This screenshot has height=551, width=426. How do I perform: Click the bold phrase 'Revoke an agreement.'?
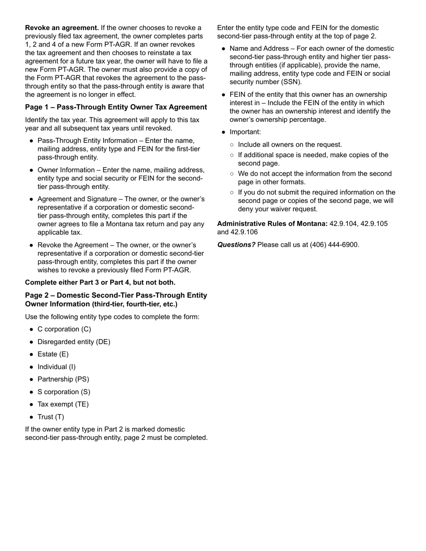[x=62, y=28]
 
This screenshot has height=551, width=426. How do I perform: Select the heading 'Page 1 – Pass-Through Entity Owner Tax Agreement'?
[x=116, y=107]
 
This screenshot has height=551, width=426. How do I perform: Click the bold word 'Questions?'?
[x=236, y=245]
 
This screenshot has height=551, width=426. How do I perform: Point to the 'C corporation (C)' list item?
[x=64, y=329]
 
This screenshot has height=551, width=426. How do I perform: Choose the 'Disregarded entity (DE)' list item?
[x=74, y=342]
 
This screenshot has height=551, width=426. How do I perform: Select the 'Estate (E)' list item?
[x=53, y=354]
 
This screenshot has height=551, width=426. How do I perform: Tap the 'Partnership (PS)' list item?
[x=63, y=379]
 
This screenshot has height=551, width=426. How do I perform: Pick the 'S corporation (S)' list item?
[x=64, y=392]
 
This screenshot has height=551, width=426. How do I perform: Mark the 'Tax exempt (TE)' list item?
[x=63, y=405]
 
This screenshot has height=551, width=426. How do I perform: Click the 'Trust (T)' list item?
[x=51, y=417]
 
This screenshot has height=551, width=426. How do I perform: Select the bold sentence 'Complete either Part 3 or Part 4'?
[x=100, y=282]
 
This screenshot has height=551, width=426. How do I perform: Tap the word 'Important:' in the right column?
[x=245, y=132]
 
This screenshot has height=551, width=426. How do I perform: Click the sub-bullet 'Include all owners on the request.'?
[x=290, y=145]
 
